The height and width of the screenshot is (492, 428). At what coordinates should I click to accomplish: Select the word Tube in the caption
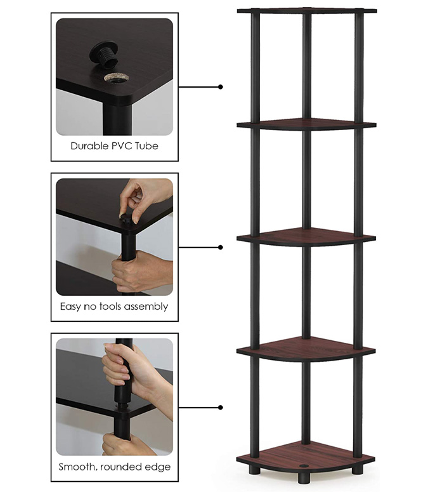(146, 146)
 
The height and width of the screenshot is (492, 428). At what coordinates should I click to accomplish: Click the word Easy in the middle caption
(70, 307)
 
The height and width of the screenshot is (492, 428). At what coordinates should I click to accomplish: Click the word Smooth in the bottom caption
(77, 467)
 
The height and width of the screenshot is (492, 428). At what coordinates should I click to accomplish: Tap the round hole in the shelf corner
(116, 78)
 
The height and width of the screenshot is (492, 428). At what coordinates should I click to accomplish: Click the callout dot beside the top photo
(221, 86)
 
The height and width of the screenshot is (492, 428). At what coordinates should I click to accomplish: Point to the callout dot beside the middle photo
(221, 247)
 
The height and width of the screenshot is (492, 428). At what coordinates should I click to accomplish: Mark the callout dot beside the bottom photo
(221, 408)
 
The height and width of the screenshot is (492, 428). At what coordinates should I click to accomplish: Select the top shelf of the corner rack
(307, 11)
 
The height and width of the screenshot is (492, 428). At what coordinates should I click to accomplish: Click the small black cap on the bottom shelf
(303, 465)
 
